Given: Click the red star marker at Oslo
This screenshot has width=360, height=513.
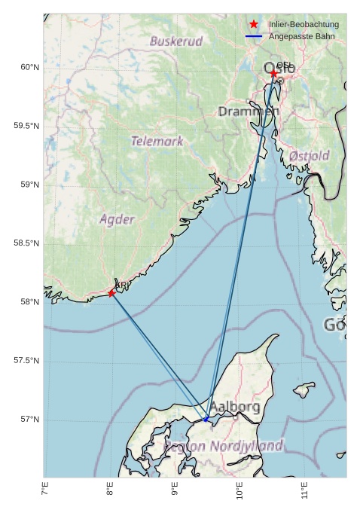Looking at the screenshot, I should coord(273,73).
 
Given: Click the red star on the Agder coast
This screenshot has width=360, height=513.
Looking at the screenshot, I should coord(111,293).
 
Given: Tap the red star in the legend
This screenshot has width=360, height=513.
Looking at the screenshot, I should coord(254,24).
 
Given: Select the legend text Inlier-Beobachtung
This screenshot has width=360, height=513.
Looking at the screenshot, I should coord(304,24).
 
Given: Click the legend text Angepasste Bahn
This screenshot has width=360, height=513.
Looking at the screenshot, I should coord(301,36).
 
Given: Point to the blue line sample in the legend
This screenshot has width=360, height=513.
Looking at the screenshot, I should coord(254,36).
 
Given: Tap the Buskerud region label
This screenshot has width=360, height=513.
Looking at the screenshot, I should coord(176,41).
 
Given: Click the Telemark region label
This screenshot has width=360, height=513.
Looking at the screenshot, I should coord(157,141).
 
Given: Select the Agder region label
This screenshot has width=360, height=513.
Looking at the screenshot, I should coord(117,219).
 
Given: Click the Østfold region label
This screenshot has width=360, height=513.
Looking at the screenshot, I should coord(309,156).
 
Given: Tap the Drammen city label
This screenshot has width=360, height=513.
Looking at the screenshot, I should coord(249,111).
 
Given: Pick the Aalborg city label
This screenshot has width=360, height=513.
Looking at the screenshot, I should coord(234,407).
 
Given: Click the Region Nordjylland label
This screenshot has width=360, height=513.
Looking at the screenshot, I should coord(223,446).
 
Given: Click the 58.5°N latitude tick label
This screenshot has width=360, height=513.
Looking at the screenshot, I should coord(26,243).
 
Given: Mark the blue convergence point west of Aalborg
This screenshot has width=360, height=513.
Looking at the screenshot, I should coord(205,419).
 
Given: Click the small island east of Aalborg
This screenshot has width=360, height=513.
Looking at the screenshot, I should coord(304,389).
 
